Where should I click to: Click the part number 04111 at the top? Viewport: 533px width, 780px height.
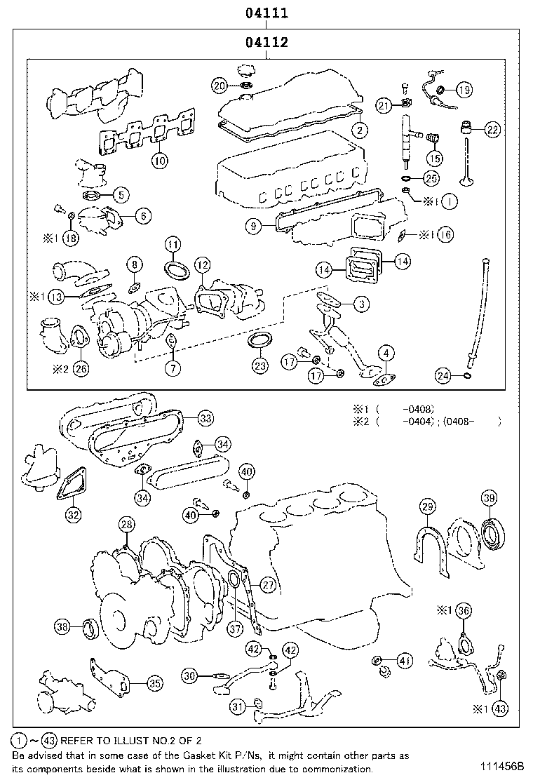(266, 13)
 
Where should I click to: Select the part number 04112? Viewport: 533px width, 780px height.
(266, 42)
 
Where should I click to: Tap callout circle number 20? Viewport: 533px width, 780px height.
(220, 86)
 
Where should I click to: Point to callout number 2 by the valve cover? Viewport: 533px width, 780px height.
(359, 129)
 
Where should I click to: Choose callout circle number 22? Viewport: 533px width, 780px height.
(493, 129)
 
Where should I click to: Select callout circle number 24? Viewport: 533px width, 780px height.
(443, 376)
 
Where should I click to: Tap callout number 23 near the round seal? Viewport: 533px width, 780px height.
(260, 365)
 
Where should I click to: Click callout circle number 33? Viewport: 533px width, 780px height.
(205, 419)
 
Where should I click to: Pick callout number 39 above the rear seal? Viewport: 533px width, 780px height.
(490, 498)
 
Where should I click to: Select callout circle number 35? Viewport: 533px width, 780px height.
(154, 682)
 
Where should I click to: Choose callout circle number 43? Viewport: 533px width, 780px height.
(499, 708)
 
